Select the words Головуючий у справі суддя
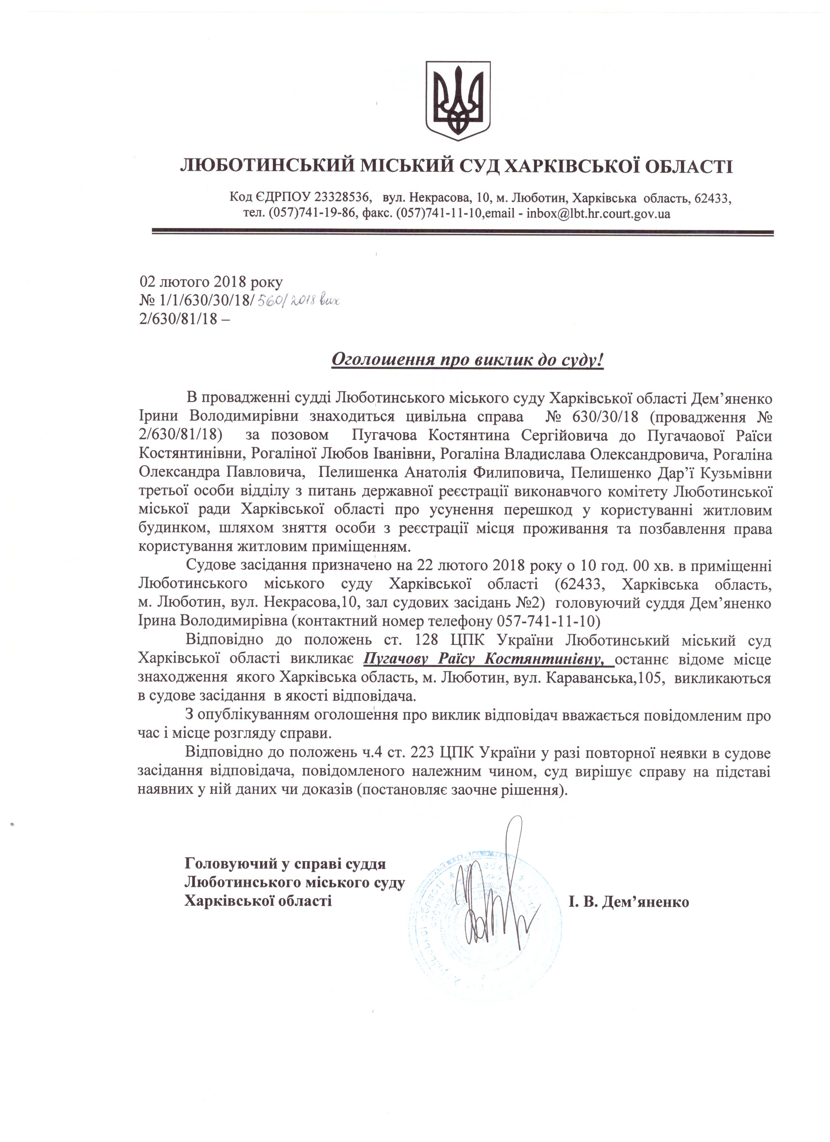tap(285, 863)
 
